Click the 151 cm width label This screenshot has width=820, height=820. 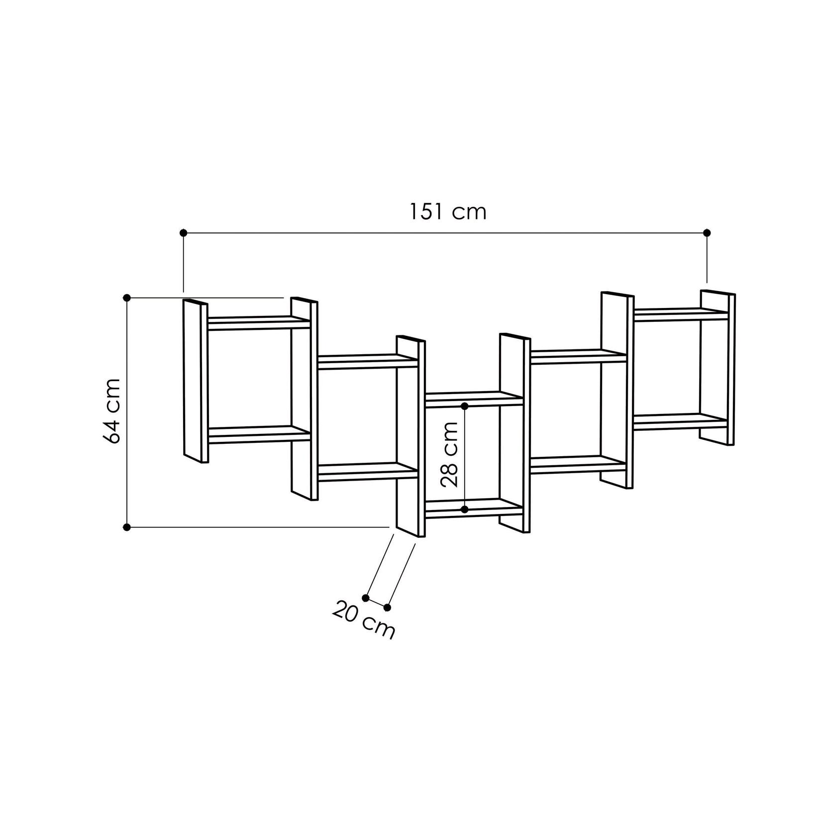click(x=447, y=212)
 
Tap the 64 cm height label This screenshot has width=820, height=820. click(x=112, y=411)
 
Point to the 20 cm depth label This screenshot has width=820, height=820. click(x=363, y=620)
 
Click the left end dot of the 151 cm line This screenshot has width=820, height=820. click(x=183, y=232)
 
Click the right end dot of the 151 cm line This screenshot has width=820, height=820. click(x=707, y=232)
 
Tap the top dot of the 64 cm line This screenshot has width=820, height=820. click(x=127, y=298)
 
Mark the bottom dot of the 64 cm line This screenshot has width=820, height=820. click(x=127, y=526)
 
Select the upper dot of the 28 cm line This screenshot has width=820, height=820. click(x=465, y=406)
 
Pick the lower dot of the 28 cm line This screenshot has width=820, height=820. click(x=465, y=510)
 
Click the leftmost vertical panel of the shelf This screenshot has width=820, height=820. click(x=195, y=381)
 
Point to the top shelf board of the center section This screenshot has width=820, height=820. click(x=473, y=399)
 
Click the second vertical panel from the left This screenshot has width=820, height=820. click(x=304, y=398)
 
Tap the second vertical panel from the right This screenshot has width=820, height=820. click(x=616, y=391)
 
